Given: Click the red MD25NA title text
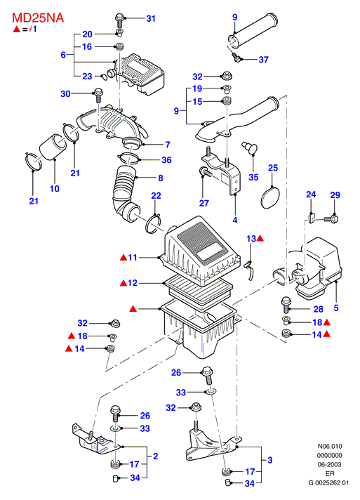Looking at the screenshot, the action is [x=38, y=18].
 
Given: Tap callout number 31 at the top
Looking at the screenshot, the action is [x=151, y=18].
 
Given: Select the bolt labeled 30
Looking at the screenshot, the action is [x=98, y=95].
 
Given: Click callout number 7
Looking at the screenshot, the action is [x=168, y=145].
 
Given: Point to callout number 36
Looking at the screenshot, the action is [x=166, y=159].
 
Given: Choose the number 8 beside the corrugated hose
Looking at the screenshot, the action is [x=161, y=178].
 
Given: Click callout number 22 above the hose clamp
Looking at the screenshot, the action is [x=156, y=196].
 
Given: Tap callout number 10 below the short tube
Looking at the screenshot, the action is [x=55, y=189].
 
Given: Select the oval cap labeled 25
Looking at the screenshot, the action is [x=270, y=198].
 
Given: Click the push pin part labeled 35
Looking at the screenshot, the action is [x=249, y=148].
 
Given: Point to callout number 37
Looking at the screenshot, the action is [x=263, y=60].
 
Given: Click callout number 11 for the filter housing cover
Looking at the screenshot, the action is [x=132, y=257].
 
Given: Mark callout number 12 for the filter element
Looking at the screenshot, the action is [x=132, y=283].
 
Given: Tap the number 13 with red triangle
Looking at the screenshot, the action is [x=255, y=239].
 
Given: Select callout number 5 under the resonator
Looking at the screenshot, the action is [x=336, y=308].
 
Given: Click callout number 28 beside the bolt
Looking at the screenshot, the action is [x=319, y=309].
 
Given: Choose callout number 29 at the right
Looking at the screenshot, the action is [x=335, y=195].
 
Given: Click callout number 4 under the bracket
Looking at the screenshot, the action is [x=235, y=220].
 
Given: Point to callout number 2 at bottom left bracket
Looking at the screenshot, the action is [x=156, y=456].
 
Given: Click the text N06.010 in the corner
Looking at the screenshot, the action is [x=330, y=446].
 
